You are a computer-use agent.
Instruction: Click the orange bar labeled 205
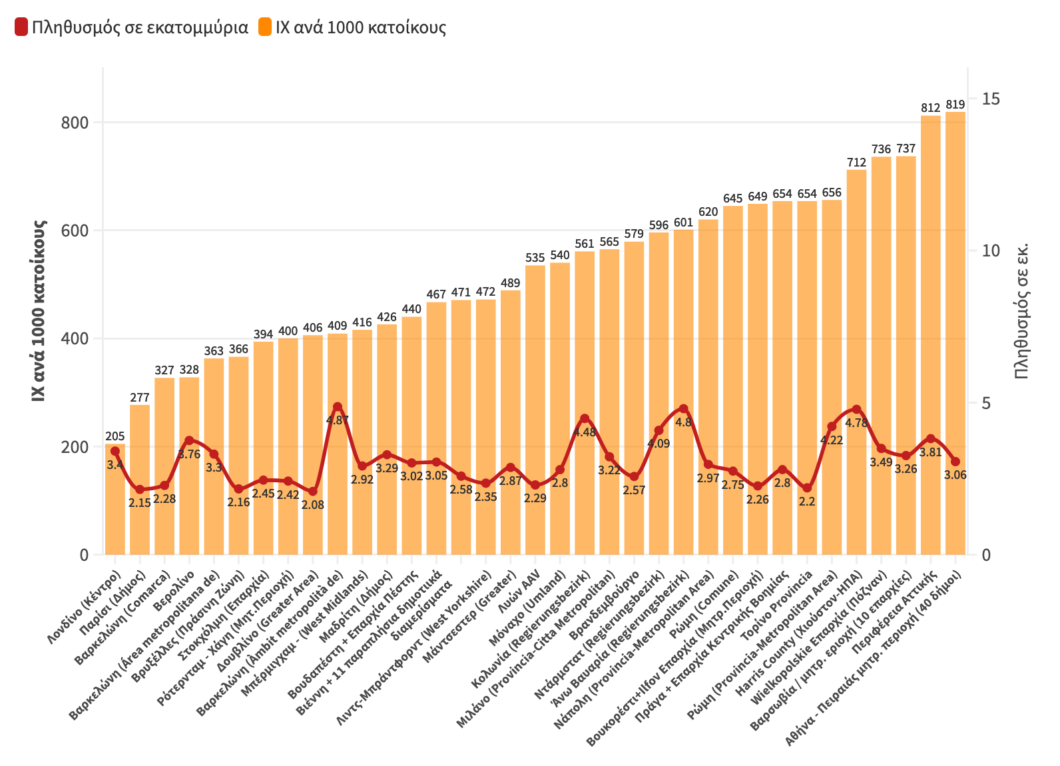coord(115,499)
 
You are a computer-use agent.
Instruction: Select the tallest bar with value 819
coord(955,333)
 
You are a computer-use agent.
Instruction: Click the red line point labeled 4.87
coord(338,407)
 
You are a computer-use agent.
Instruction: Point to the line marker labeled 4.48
coord(585,418)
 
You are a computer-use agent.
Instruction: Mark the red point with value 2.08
coord(313,492)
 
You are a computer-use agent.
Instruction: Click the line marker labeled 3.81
coord(931,438)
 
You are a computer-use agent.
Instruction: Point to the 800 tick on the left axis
coord(75,123)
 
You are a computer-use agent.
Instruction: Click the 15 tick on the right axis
coord(991,99)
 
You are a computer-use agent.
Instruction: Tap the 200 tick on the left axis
coord(75,447)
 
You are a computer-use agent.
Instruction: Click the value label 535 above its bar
coord(535,258)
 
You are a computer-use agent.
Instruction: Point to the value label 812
coord(931,108)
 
